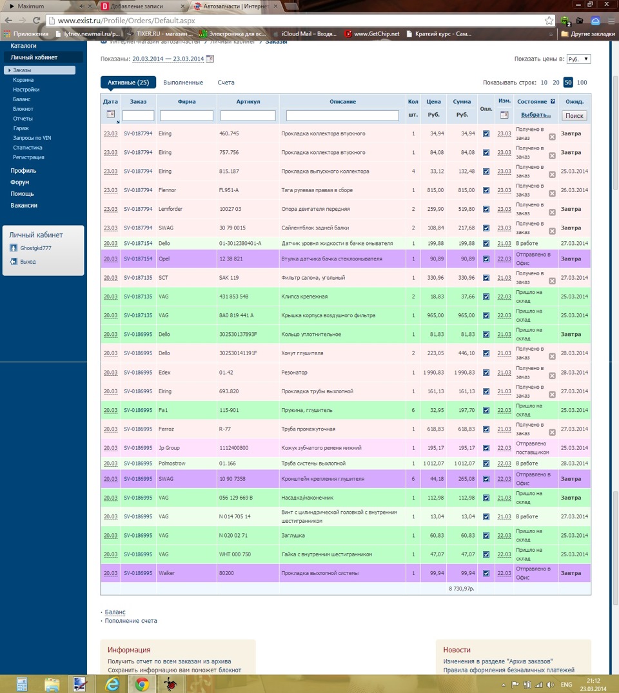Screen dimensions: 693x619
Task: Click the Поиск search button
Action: coord(574,115)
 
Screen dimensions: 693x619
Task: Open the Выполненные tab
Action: coord(183,83)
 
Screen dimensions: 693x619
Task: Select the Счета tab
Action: coord(226,83)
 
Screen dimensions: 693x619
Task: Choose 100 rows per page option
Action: coord(582,83)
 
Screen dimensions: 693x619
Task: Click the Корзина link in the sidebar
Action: coord(23,80)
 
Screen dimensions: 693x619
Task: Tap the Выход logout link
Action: coord(28,262)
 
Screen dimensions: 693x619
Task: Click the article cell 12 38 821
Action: coord(231,259)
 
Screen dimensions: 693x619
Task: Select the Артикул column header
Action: coord(248,101)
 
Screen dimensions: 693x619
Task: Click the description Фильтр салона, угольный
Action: coord(313,278)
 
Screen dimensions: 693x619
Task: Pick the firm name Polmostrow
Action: coord(172,464)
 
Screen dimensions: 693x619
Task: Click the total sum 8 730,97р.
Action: coord(461,589)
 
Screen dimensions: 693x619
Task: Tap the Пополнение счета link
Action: coord(131,621)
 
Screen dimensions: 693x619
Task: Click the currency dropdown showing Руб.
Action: coord(578,59)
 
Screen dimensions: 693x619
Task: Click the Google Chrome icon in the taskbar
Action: coord(142,684)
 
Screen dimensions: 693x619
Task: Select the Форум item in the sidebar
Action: coord(19,182)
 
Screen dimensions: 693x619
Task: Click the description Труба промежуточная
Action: coord(308,429)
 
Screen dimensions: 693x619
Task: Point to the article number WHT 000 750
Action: coord(235,554)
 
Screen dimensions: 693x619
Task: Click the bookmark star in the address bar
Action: coord(549,21)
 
